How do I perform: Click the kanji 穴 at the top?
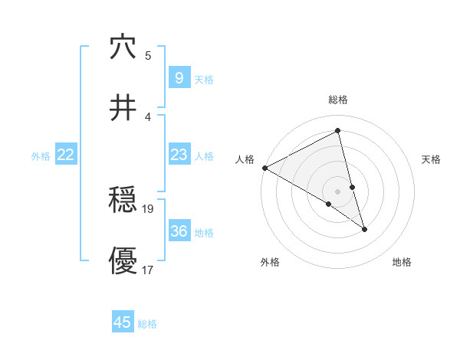pyautogui.click(x=123, y=47)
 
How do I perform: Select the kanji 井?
pyautogui.click(x=123, y=108)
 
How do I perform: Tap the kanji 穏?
pyautogui.click(x=123, y=201)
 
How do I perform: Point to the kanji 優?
pyautogui.click(x=123, y=260)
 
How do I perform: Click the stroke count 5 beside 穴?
pyautogui.click(x=148, y=56)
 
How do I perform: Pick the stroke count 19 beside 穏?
pyautogui.click(x=148, y=208)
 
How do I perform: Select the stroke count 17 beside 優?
pyautogui.click(x=148, y=270)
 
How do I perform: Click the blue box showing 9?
pyautogui.click(x=179, y=78)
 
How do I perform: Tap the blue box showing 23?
pyautogui.click(x=179, y=155)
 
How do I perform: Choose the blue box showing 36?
pyautogui.click(x=179, y=231)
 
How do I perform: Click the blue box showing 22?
pyautogui.click(x=66, y=155)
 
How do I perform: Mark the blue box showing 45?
pyautogui.click(x=123, y=322)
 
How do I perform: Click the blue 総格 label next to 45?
pyautogui.click(x=147, y=324)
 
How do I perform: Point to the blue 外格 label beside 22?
pyautogui.click(x=41, y=156)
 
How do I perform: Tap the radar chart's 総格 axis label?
pyautogui.click(x=338, y=100)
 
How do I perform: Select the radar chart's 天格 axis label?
pyautogui.click(x=432, y=159)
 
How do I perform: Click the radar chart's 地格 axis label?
pyautogui.click(x=402, y=262)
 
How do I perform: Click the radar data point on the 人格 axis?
pyautogui.click(x=264, y=168)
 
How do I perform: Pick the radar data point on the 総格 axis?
pyautogui.click(x=338, y=131)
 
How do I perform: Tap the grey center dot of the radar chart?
pyautogui.click(x=338, y=191)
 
